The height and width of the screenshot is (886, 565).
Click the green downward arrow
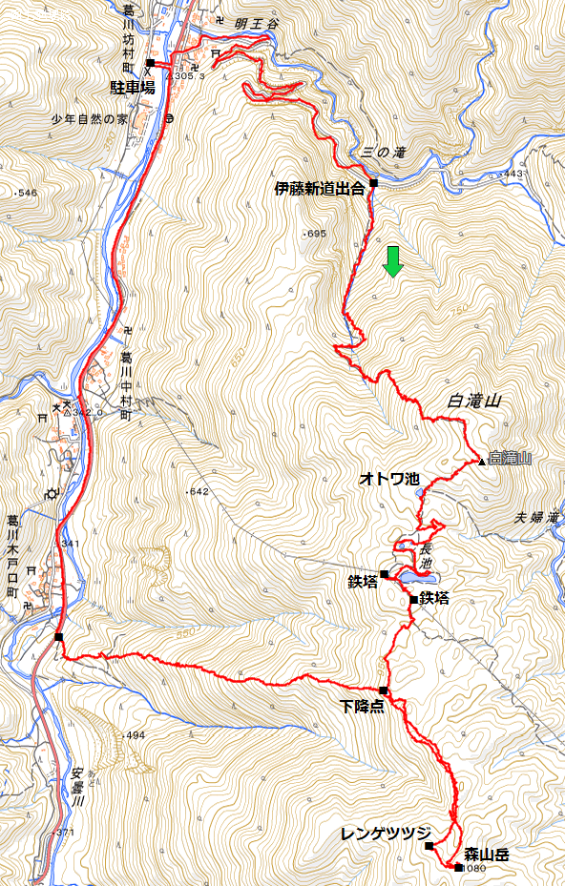(x=392, y=261)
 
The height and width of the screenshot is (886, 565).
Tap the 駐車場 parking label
(x=133, y=87)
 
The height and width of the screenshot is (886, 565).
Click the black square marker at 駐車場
(x=151, y=64)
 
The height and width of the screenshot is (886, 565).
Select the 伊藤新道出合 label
(x=320, y=189)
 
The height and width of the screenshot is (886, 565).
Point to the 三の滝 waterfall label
(x=385, y=153)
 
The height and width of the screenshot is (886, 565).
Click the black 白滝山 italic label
(x=473, y=402)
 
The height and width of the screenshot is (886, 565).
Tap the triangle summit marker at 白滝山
(x=482, y=462)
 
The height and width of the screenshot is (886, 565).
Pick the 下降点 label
(x=362, y=707)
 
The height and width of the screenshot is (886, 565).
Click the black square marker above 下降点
(x=383, y=690)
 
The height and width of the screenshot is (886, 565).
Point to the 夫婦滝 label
(x=535, y=517)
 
